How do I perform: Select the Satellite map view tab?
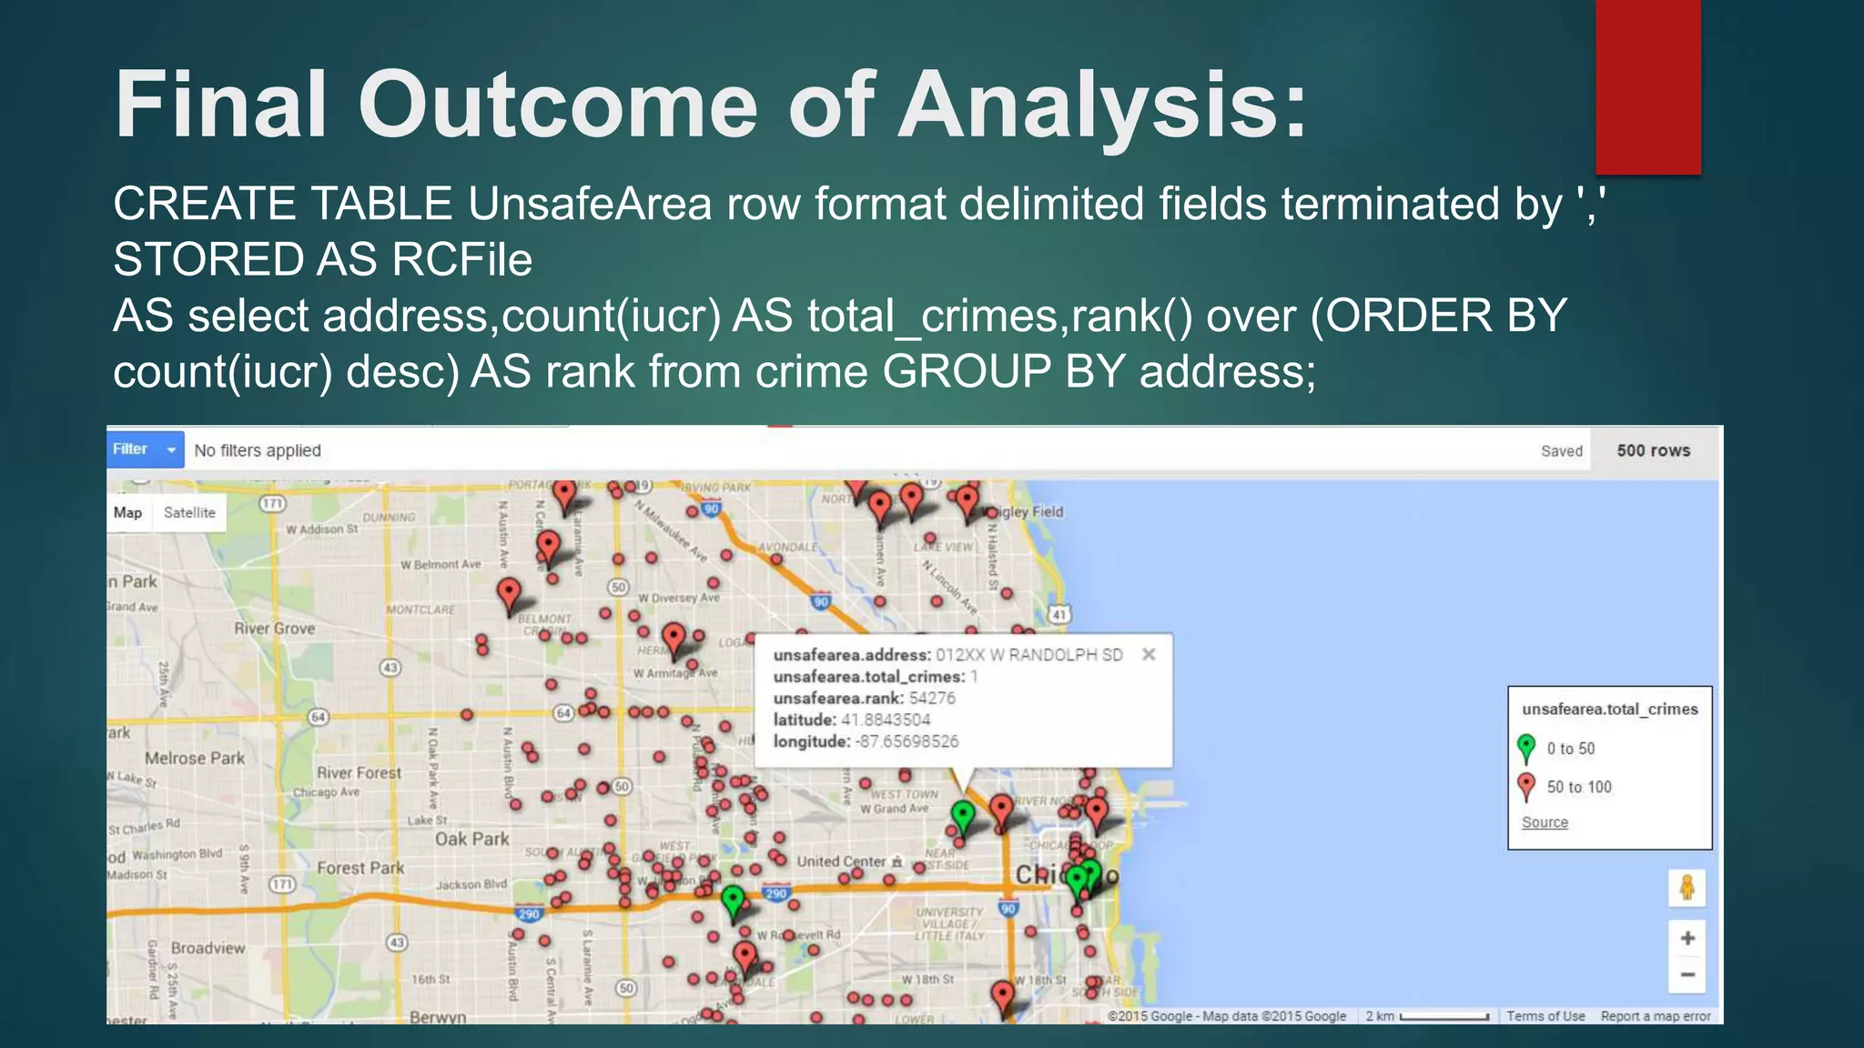189,512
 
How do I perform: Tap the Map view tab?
127,512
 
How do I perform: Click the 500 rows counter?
1653,450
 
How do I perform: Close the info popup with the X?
1149,654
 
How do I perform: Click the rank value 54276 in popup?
932,698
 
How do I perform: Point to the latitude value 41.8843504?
886,720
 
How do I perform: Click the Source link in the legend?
1545,822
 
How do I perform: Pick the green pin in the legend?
1526,748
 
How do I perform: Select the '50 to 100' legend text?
1579,787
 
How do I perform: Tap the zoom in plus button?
1687,938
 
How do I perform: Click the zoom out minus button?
1687,975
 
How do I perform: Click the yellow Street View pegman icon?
1687,887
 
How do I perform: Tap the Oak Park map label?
471,839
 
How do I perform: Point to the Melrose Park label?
195,758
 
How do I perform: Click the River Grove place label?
274,628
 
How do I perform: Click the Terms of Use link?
1545,1016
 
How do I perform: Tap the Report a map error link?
1655,1016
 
